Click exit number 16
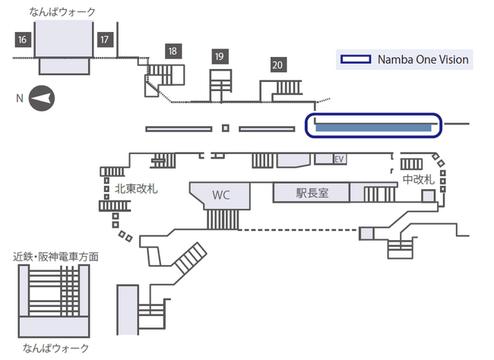(22, 39)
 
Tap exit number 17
(105, 39)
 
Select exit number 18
(173, 51)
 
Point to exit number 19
(220, 56)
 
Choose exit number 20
(277, 65)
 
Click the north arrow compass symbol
(42, 98)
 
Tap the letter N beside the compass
(20, 98)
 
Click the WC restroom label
(220, 194)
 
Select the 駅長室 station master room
(312, 193)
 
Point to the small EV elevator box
(340, 159)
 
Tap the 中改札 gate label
(418, 180)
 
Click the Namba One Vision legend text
(423, 59)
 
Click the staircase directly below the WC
(222, 219)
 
